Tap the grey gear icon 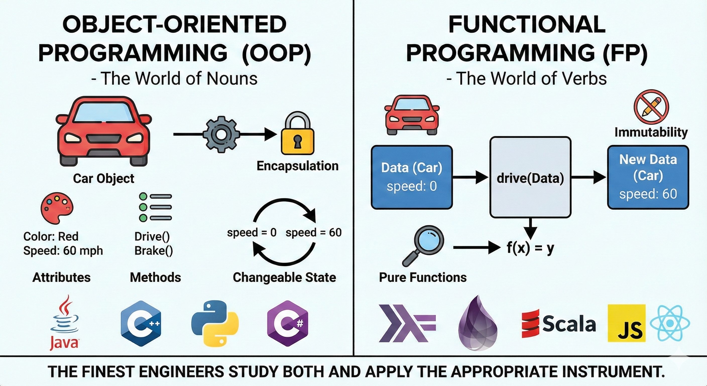tap(221, 134)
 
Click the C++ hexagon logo tap(141, 323)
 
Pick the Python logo tap(215, 323)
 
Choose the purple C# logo tap(288, 323)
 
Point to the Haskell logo tap(407, 323)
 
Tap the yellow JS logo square tap(627, 323)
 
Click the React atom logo tap(670, 323)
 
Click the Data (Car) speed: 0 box tap(412, 177)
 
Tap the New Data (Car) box tap(648, 177)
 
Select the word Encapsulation tap(298, 166)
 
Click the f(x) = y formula tap(530, 248)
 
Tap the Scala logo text tap(569, 324)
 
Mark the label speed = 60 tap(313, 233)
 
